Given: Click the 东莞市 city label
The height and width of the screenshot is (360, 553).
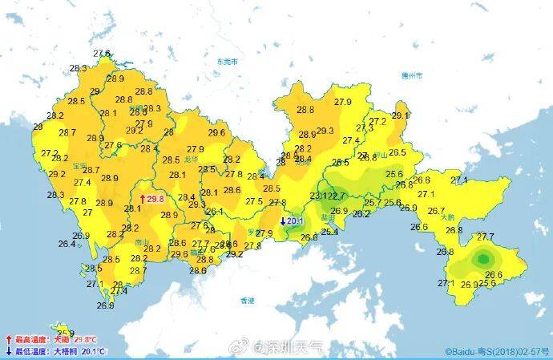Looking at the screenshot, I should coord(228,61).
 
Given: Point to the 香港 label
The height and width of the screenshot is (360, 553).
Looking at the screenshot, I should coord(247,300).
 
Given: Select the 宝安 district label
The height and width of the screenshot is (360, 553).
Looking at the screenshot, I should coord(79,165).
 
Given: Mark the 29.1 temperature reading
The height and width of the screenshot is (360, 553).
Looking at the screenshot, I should coord(400,115).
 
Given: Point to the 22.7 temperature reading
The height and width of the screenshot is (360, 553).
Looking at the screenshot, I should coord(337,196).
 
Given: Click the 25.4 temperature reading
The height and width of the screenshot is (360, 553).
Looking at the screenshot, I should coord(329,232).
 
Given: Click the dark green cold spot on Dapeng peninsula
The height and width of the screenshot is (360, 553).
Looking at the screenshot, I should coord(483,259).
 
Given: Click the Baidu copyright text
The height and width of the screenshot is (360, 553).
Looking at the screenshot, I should coord(496,351).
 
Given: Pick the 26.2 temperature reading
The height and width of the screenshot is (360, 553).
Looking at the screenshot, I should coord(361,213).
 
